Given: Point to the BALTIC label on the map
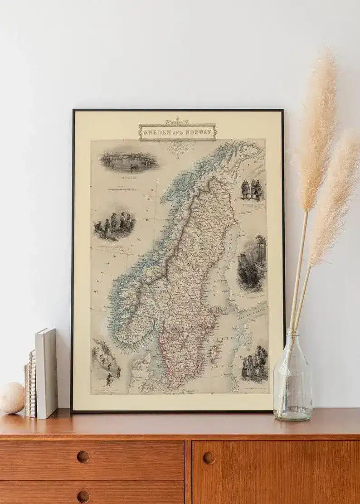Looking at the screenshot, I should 224,338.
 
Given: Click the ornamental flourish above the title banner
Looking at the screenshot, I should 177,121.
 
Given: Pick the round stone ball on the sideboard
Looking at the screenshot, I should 12,397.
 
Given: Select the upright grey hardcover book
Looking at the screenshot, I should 46,373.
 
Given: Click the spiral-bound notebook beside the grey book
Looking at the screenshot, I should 31,383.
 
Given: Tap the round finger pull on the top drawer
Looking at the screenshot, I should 83,456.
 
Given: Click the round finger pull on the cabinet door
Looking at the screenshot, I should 209,458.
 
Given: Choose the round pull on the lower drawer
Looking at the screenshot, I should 83,496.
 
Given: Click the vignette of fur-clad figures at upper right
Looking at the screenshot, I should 252,189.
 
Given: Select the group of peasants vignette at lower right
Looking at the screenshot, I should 255,363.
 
